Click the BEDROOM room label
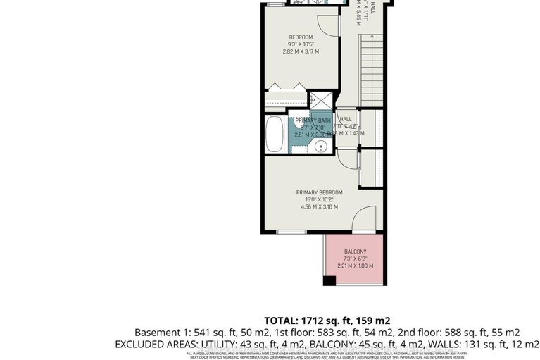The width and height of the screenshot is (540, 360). (x=301, y=37)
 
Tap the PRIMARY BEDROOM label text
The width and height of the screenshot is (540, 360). (x=319, y=192)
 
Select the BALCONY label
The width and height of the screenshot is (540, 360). (x=355, y=252)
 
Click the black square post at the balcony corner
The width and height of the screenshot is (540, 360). (x=328, y=280)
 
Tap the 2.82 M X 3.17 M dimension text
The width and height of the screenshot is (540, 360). (x=301, y=51)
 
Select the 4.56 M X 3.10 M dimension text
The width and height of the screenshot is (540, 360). (x=319, y=206)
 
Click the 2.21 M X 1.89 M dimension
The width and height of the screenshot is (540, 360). (x=355, y=266)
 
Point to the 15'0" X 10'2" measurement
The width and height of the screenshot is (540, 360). (x=319, y=199)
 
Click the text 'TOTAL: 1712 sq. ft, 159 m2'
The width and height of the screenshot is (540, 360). (x=327, y=318)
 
